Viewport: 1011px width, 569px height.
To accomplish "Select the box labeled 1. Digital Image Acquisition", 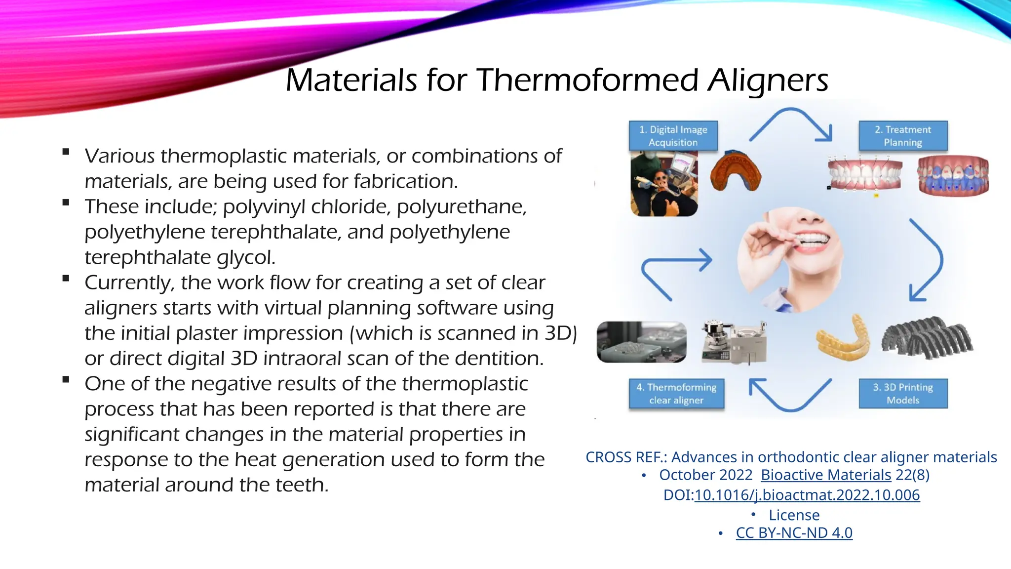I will click(x=673, y=136).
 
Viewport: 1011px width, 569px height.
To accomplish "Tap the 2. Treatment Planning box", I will click(x=903, y=136).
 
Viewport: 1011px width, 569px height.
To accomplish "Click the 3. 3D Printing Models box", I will click(x=903, y=394).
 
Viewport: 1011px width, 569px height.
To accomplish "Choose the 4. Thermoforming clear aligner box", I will click(x=676, y=394).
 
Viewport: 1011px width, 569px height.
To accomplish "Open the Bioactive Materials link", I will click(x=826, y=475).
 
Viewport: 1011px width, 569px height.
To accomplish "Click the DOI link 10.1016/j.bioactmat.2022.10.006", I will click(x=807, y=495).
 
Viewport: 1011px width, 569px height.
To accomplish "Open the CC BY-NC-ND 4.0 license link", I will click(x=794, y=533).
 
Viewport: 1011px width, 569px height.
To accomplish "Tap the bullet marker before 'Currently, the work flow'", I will click(x=66, y=279).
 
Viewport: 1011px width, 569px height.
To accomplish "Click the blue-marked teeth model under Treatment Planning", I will click(x=953, y=177).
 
